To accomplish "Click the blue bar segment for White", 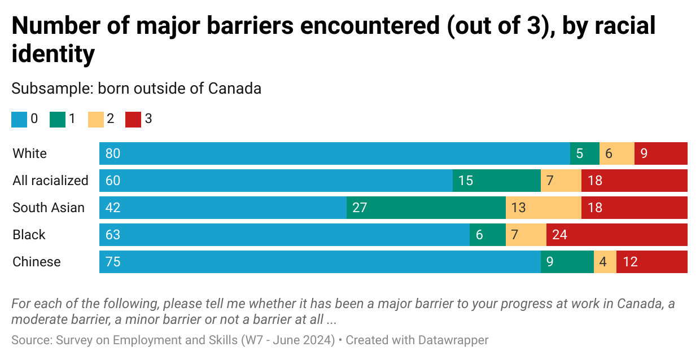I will [x=334, y=153].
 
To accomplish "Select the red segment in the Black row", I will [x=616, y=235].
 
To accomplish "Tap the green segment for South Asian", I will [x=426, y=208].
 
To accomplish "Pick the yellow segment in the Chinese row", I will [x=605, y=262].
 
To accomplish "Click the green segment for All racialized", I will [x=496, y=181].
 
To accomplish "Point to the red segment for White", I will [x=660, y=153].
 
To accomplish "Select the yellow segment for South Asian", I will [x=543, y=208].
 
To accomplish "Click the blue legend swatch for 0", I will [x=19, y=119].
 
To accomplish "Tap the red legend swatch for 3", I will [x=133, y=119].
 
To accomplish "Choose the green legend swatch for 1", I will [x=58, y=119].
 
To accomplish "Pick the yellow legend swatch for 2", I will [x=95, y=119].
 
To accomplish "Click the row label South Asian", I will [x=49, y=208].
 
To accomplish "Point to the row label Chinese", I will [x=37, y=262].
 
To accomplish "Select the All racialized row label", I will [x=50, y=181].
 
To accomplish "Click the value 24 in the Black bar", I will [x=559, y=235].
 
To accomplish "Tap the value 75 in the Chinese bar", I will [x=113, y=262].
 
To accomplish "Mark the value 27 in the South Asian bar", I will [x=360, y=208].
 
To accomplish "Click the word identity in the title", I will [x=53, y=55].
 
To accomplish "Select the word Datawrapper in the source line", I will [x=453, y=340].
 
